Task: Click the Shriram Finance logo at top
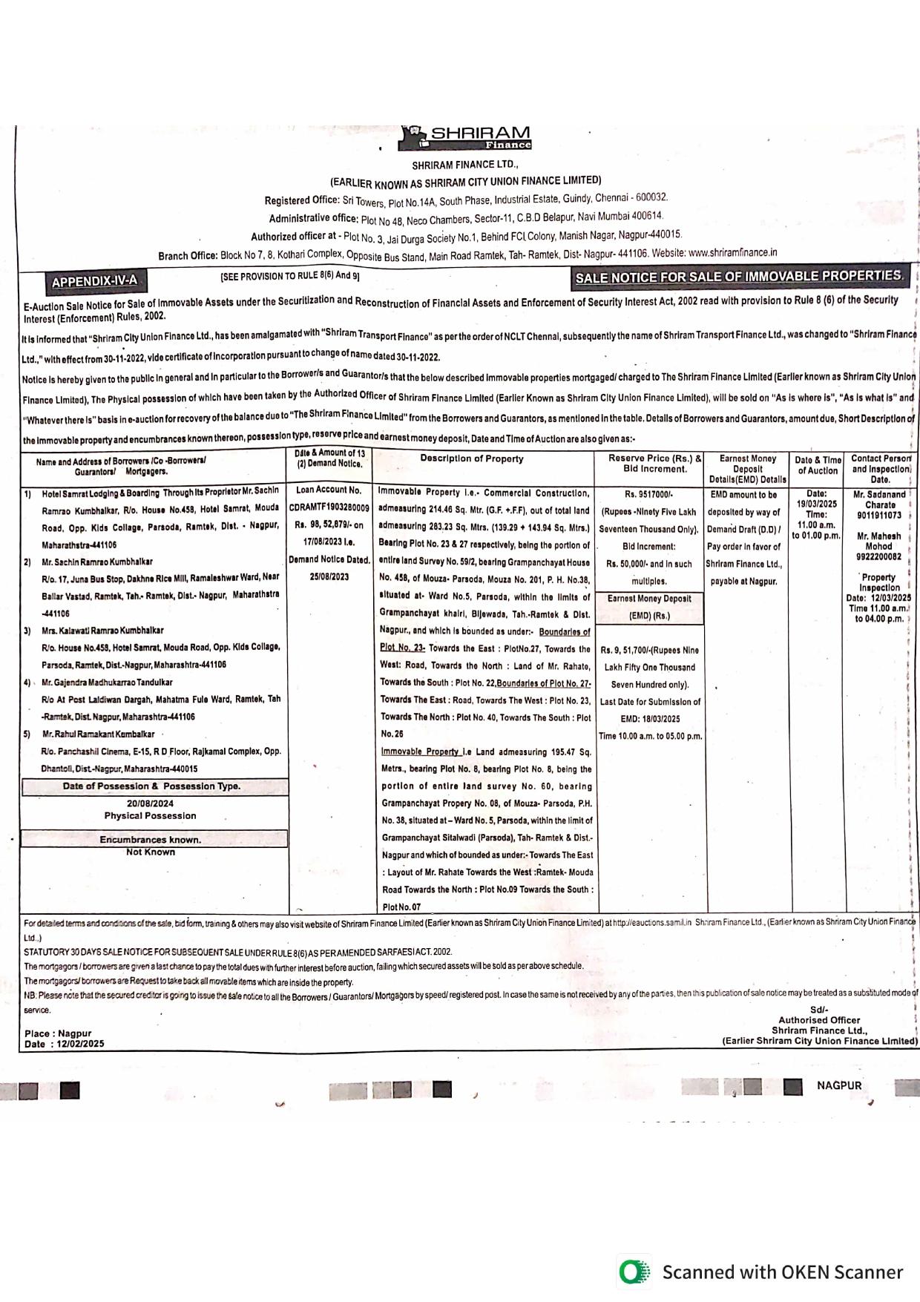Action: coord(465,138)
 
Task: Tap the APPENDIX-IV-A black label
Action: coord(94,281)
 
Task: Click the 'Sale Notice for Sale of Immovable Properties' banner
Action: coord(740,277)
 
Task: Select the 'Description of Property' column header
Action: coord(472,459)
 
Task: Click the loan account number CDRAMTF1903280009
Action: coord(329,508)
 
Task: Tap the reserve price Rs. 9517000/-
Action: coord(648,495)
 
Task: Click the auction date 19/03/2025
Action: coord(816,504)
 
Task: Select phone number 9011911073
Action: coord(878,516)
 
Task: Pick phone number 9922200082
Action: coord(878,556)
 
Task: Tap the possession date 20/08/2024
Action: coord(150,803)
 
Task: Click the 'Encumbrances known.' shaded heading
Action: coord(151,840)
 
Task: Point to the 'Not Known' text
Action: coord(151,852)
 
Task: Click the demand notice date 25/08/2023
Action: coord(329,577)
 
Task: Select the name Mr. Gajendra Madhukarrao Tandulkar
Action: coord(107,683)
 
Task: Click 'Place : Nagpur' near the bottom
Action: coord(58,1033)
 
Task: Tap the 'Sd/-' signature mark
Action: coord(819,1010)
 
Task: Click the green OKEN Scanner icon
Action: coord(634,1272)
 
